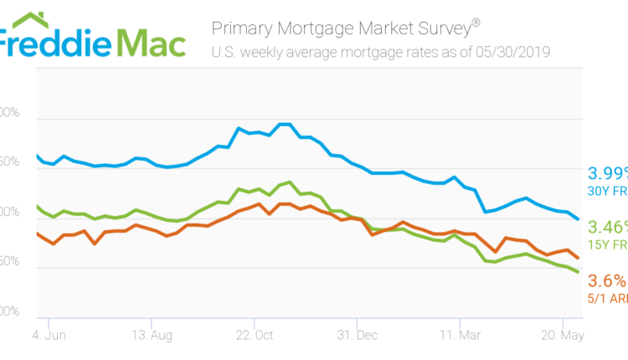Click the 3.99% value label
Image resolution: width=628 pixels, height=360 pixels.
coord(606,173)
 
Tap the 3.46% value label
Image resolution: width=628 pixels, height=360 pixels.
coord(606,227)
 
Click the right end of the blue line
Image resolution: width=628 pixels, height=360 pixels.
coord(579,219)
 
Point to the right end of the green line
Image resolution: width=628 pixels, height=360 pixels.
coord(579,271)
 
